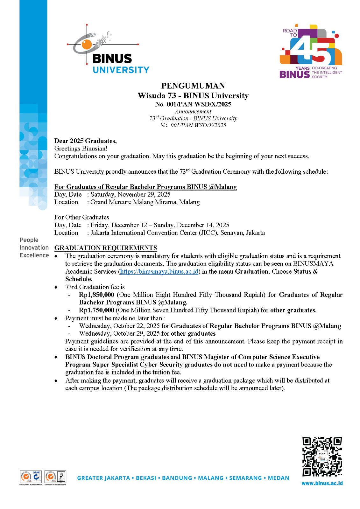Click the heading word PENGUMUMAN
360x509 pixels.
click(193, 86)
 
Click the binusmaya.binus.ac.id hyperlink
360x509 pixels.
click(159, 271)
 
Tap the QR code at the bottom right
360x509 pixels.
click(322, 457)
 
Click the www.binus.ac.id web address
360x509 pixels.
click(322, 483)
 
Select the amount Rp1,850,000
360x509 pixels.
click(96, 295)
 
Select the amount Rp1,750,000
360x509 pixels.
click(96, 310)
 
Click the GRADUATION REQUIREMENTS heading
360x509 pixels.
click(106, 248)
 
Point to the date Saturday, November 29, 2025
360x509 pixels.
click(130, 194)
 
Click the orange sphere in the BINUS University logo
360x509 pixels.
click(87, 44)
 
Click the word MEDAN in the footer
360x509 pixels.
click(279, 478)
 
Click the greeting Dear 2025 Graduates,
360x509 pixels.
click(85, 141)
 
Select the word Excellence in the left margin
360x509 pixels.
click(34, 255)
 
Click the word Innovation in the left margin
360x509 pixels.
click(34, 248)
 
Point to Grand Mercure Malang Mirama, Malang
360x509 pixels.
click(145, 202)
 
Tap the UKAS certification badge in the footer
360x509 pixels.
click(61, 477)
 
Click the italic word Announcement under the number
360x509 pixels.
click(193, 112)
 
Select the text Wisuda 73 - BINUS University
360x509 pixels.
click(193, 95)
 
